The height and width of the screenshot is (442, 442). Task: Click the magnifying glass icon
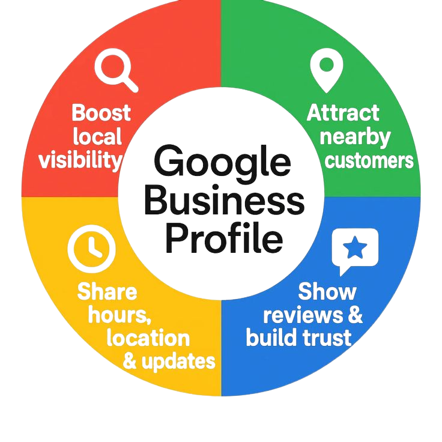coord(117,71)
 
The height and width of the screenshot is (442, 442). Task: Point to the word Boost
coord(101,113)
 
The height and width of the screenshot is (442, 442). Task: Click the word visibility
coord(80,160)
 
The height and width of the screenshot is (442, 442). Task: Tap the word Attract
coord(344,113)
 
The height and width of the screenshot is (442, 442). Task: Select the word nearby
coord(354,137)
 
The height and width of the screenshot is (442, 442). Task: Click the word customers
coord(369,161)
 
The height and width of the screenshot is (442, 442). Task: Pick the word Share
coord(107,292)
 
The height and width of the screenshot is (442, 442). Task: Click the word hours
coord(120,315)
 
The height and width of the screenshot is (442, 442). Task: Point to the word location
coord(148,338)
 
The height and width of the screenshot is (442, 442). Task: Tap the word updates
coord(177,361)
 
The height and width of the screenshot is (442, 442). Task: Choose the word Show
coord(327,292)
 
